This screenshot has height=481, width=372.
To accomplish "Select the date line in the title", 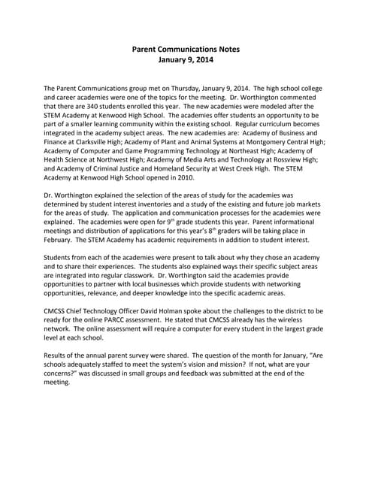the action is click(186, 61).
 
